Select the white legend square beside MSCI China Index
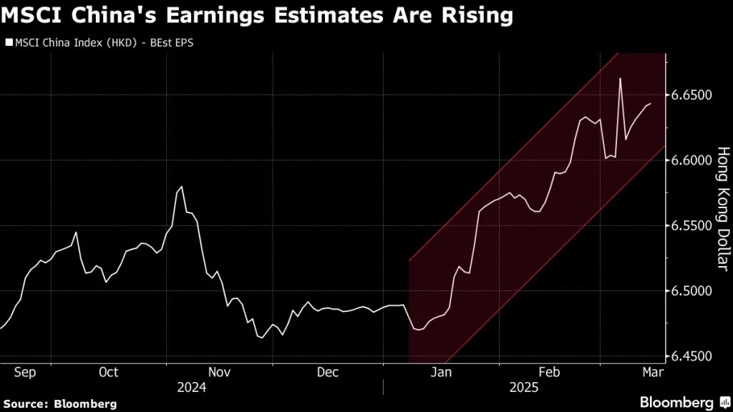[x=9, y=43]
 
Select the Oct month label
[x=109, y=372]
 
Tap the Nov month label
[x=219, y=372]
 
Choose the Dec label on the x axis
[x=327, y=372]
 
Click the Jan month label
[x=441, y=372]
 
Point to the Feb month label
[x=549, y=372]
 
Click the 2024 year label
[x=192, y=388]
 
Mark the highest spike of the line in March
[x=619, y=78]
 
